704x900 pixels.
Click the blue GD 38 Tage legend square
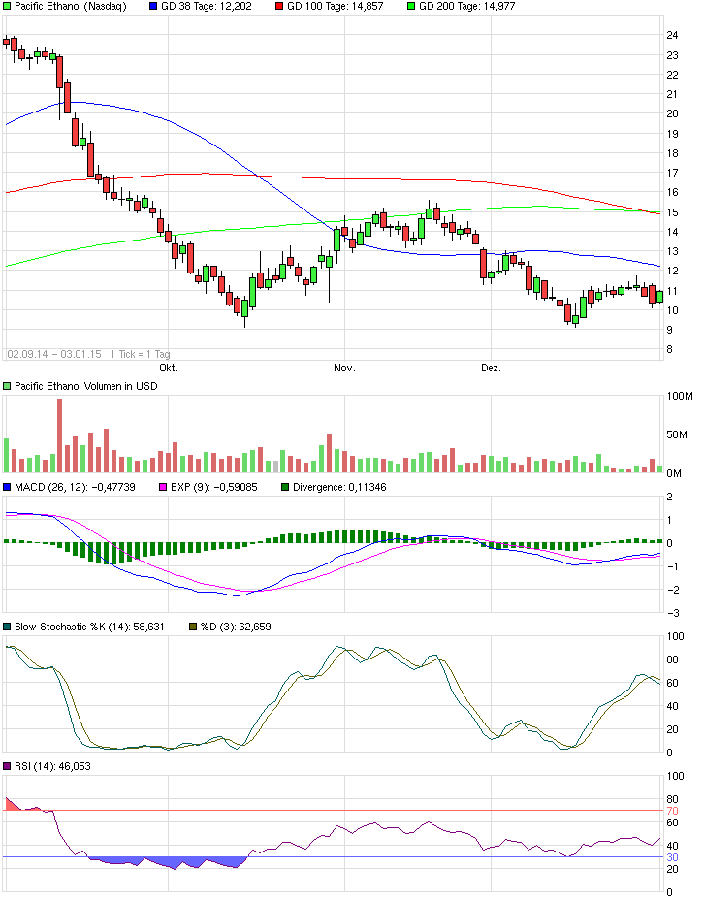(x=152, y=6)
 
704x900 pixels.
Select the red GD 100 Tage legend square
(x=278, y=6)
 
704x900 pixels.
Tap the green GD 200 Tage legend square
(x=410, y=6)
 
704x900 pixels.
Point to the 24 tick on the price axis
(x=671, y=35)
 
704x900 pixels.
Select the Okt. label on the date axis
(x=169, y=369)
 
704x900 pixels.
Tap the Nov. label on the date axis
(x=345, y=369)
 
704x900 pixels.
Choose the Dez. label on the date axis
(x=492, y=369)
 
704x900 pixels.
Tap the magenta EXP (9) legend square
(x=164, y=487)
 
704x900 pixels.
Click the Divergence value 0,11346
(x=362, y=487)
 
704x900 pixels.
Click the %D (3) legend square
(x=191, y=627)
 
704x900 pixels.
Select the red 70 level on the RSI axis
(x=671, y=810)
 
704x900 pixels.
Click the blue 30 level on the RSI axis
(x=671, y=857)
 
